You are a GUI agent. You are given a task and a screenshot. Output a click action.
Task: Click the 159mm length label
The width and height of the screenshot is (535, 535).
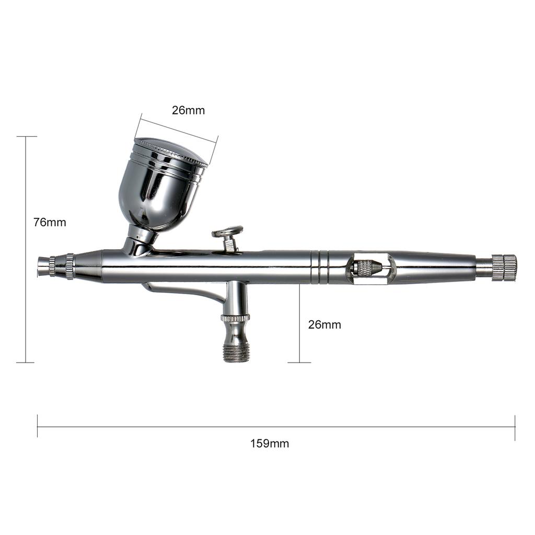[x=269, y=444]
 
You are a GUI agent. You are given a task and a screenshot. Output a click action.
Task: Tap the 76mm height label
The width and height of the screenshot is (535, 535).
[x=50, y=222]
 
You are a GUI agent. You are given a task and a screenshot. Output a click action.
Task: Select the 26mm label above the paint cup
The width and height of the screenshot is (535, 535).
[x=188, y=110]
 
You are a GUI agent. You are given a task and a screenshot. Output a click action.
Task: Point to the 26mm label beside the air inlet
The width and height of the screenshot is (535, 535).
[x=324, y=324]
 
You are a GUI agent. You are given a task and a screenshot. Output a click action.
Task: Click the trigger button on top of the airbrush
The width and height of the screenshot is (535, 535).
[x=228, y=231]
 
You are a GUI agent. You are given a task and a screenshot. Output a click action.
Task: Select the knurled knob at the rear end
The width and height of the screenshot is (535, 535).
[x=504, y=267]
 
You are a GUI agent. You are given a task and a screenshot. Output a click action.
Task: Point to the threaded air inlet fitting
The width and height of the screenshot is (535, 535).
[x=236, y=351]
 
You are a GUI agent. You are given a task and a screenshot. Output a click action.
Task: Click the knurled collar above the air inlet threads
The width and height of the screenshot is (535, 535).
[x=235, y=317]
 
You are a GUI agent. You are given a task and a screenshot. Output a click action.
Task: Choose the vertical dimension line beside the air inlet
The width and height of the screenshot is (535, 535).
[x=299, y=324]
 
